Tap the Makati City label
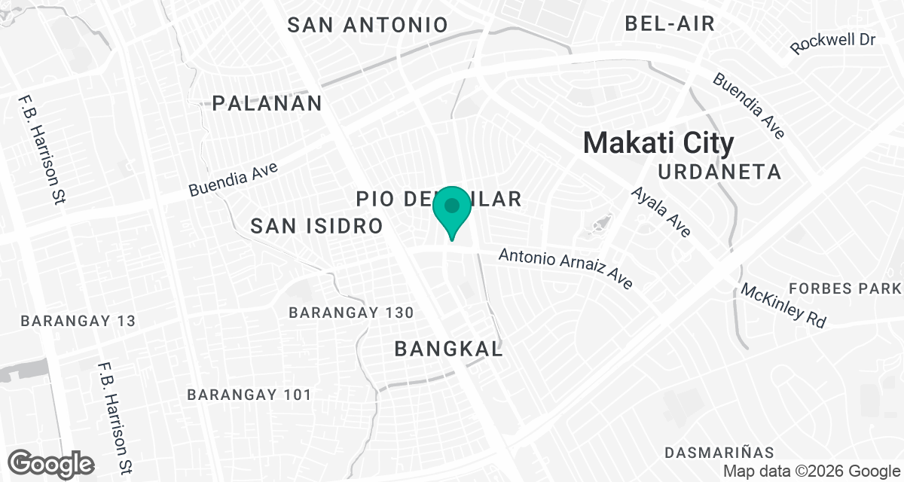pos(658,143)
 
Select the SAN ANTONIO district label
pos(368,25)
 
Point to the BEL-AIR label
pos(670,23)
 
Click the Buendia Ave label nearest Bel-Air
pos(749,105)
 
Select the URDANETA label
pos(719,172)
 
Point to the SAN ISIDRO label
pos(317,225)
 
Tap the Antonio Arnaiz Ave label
pos(566,270)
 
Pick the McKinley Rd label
pos(783,305)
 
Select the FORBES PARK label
pos(844,288)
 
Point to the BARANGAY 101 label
pos(249,394)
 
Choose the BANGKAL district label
pos(448,349)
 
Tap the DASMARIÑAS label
pos(719,452)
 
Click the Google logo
pos(51,462)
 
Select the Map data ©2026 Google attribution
pos(811,471)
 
